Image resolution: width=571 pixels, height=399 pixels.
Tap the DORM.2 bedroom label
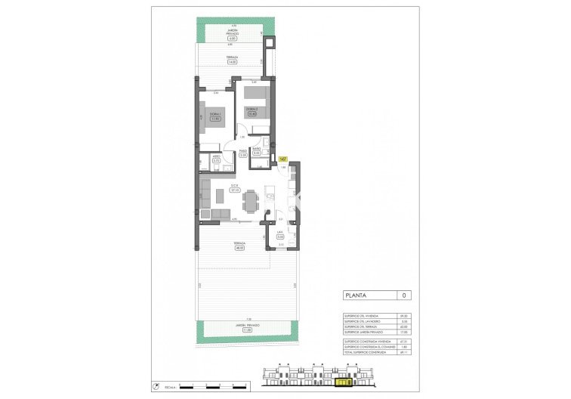[x=253, y=110]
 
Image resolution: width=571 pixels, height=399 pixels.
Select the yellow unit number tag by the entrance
[x=282, y=159]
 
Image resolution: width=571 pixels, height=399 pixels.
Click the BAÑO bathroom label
[x=257, y=150]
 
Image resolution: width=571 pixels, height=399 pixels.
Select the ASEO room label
[x=216, y=158]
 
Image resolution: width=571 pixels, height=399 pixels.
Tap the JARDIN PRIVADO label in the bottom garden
[x=246, y=326]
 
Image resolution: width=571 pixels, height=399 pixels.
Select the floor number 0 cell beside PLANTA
[x=405, y=295]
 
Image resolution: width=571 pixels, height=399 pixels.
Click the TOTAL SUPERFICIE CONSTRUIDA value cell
[x=405, y=353]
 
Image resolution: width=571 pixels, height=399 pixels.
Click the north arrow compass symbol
[x=156, y=384]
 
